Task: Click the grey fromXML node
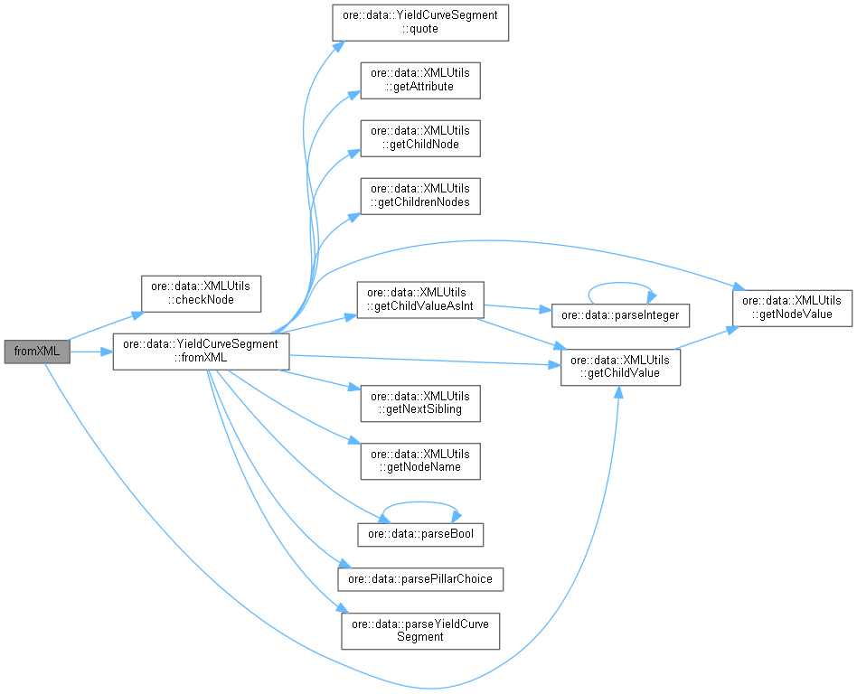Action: (36, 352)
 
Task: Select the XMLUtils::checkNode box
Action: (201, 292)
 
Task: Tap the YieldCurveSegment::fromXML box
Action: (201, 352)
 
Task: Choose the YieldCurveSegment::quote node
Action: (420, 22)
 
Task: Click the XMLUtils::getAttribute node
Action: (420, 80)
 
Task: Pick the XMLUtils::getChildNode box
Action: (420, 137)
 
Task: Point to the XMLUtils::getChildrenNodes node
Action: (420, 195)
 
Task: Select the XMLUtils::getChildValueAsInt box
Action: (420, 300)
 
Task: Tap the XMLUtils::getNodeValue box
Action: (793, 307)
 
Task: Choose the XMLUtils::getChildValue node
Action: (620, 367)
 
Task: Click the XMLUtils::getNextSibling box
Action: (420, 403)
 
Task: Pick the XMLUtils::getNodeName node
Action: (420, 461)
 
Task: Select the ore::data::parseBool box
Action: (420, 534)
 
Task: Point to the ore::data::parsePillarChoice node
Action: (420, 578)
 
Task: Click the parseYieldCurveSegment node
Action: (420, 630)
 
